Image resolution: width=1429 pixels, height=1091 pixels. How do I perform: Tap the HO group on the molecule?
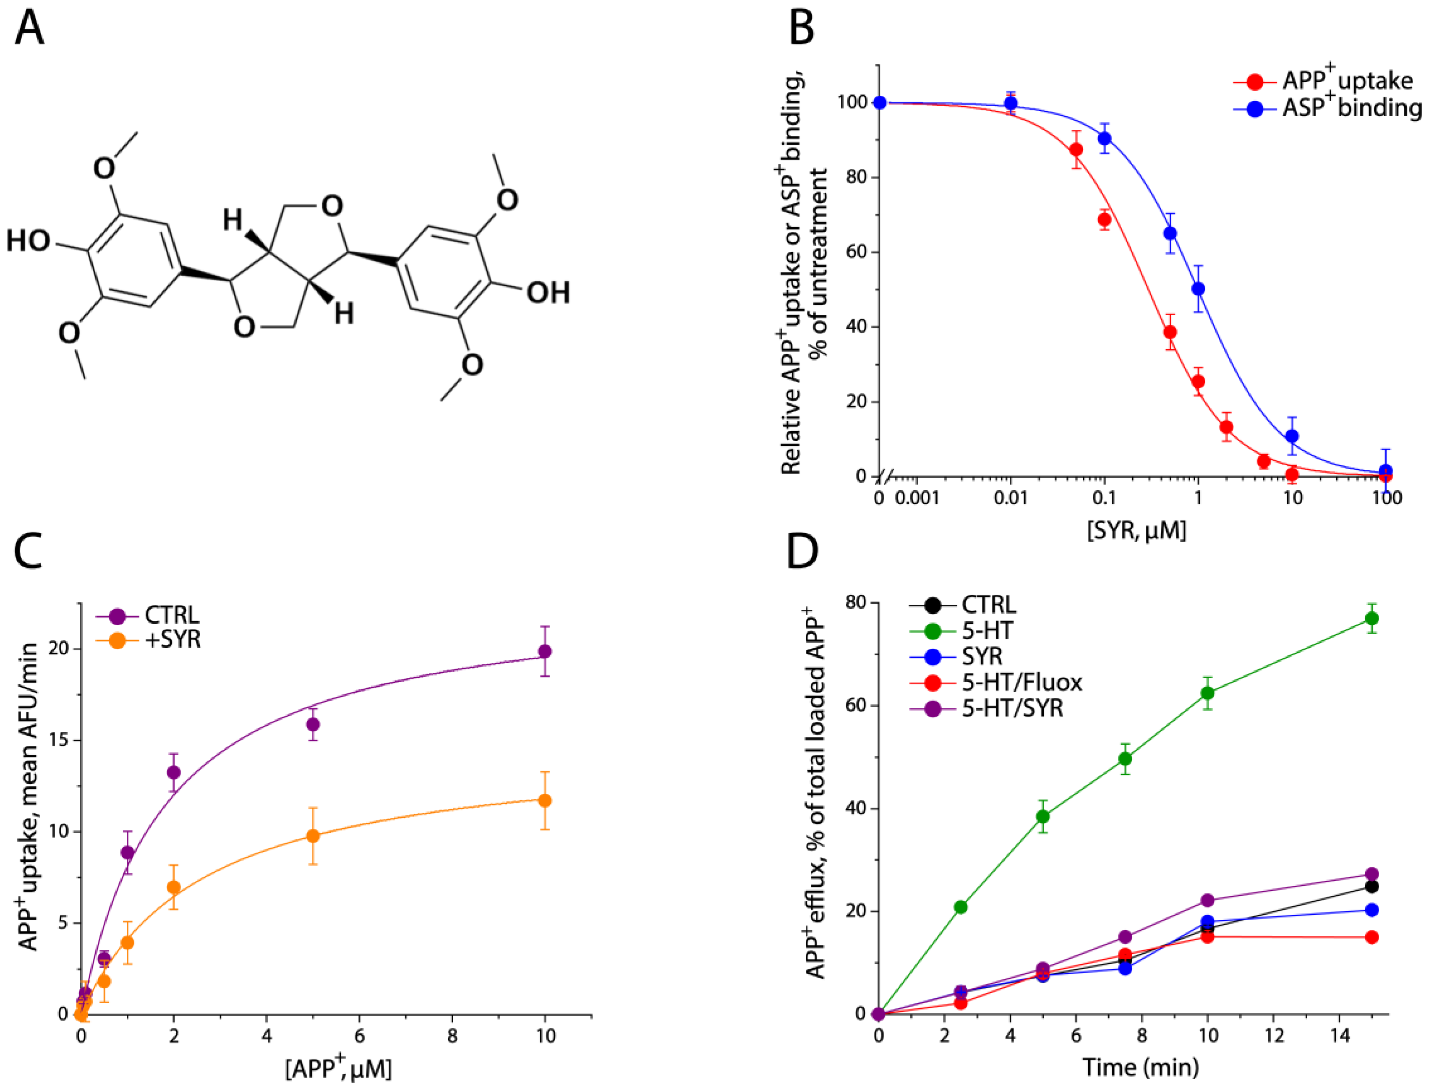point(29,241)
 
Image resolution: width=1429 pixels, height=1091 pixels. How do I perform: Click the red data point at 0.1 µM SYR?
point(1104,220)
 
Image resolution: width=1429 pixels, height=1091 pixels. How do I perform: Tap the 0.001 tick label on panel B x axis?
point(917,498)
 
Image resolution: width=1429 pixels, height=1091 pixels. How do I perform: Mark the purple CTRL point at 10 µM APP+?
point(545,651)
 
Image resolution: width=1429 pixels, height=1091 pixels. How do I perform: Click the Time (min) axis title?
point(1140,1067)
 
